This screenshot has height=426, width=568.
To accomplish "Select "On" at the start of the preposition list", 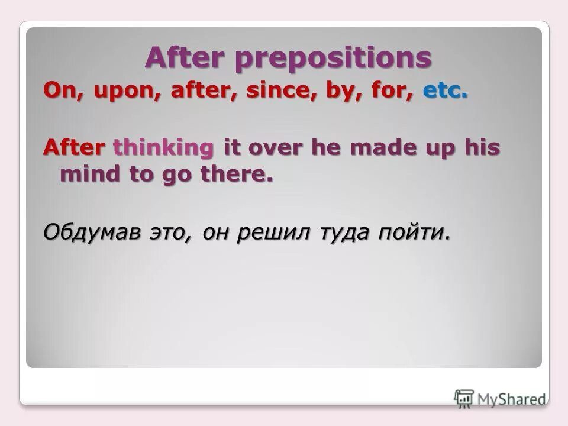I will point(57,92).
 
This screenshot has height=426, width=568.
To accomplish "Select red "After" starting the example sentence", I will point(75,148).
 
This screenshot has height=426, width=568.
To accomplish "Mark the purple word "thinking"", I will point(163,149).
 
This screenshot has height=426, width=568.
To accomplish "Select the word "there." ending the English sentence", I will point(238,174).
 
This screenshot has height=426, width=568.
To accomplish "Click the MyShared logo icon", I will point(464,398).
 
